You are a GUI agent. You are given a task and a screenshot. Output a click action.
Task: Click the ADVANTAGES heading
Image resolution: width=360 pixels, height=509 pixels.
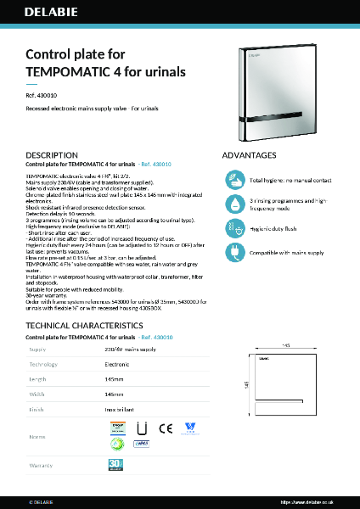click(x=249, y=155)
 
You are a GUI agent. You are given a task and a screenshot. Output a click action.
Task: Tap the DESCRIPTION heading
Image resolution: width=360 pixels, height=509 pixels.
click(x=53, y=155)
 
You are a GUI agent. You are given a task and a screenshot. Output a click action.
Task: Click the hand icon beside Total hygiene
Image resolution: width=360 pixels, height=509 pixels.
click(x=234, y=179)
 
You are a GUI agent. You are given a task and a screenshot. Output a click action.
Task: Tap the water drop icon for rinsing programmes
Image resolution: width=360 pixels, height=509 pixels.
click(x=234, y=204)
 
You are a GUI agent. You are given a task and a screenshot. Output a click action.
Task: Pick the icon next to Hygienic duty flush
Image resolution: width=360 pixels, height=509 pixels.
click(x=234, y=228)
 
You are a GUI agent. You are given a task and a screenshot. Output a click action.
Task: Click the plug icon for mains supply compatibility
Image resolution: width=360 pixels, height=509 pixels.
click(x=234, y=251)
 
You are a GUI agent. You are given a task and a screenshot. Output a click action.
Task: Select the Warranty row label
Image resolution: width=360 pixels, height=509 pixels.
click(x=41, y=465)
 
